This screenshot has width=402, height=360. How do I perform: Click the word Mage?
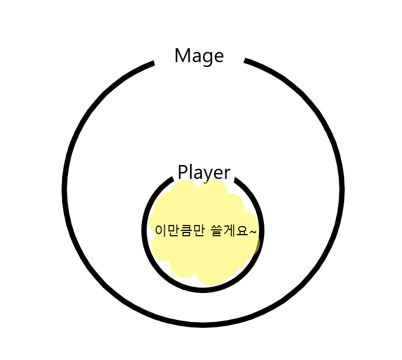point(199,56)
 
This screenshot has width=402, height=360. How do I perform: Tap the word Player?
point(204,173)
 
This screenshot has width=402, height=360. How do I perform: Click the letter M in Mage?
point(183,55)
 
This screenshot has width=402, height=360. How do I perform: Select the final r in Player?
point(227,174)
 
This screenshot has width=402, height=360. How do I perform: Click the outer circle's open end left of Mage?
point(153,64)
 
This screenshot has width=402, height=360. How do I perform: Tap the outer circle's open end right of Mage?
point(246,61)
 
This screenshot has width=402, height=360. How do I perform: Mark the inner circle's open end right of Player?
point(236,179)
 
